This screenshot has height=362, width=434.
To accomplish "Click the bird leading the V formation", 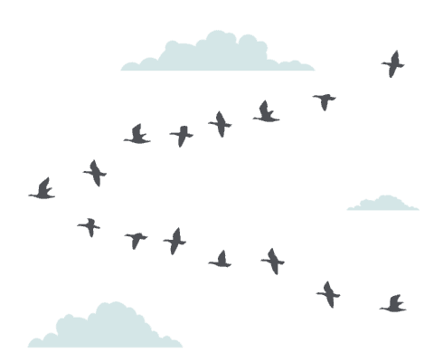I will [42, 190].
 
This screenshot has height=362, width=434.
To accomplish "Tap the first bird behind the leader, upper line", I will [94, 172].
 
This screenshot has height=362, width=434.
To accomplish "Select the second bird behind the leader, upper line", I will [137, 136].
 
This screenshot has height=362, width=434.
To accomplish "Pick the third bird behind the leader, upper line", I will [181, 135].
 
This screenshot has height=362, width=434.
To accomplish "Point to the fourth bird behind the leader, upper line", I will [220, 123].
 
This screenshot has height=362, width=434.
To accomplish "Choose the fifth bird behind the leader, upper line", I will [265, 113].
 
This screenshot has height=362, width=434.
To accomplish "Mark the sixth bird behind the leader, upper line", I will [324, 100].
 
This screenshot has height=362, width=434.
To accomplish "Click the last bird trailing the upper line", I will [392, 64].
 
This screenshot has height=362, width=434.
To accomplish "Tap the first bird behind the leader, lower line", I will [89, 225].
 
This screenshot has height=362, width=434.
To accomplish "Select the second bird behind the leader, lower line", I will [136, 239].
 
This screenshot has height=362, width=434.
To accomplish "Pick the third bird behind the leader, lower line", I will [175, 241].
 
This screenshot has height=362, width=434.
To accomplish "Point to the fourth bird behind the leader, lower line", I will [220, 261].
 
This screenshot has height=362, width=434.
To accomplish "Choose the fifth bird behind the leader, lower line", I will [272, 262].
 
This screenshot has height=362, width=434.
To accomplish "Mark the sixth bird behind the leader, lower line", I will [328, 293].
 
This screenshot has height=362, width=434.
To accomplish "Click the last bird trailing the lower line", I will [392, 304].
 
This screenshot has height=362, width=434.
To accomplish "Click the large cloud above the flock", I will [217, 56].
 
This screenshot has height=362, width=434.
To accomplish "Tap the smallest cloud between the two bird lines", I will [382, 204].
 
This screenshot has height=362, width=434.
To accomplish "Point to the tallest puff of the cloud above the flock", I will [220, 40].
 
